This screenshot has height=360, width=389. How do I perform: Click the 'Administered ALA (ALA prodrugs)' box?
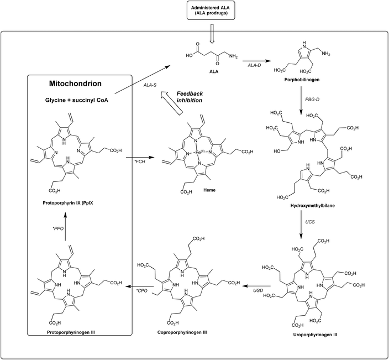coord(210,12)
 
